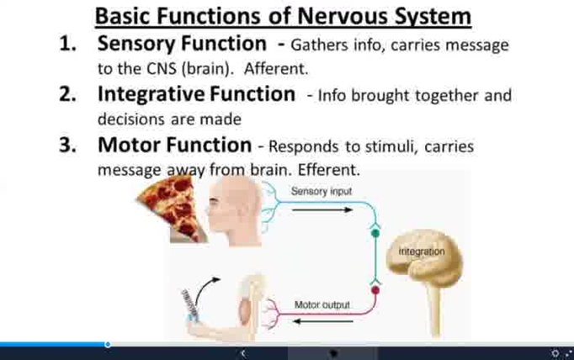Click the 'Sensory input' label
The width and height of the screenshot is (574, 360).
[x=321, y=192]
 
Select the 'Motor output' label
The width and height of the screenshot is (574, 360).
[x=322, y=304]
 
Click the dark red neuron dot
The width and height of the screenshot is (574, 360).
[x=375, y=291]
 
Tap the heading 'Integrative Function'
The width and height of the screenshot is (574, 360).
[x=196, y=94]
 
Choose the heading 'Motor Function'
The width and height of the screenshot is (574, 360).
[x=174, y=145]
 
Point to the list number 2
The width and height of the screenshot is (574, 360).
[x=67, y=94]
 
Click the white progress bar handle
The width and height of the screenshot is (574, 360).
[x=108, y=344]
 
